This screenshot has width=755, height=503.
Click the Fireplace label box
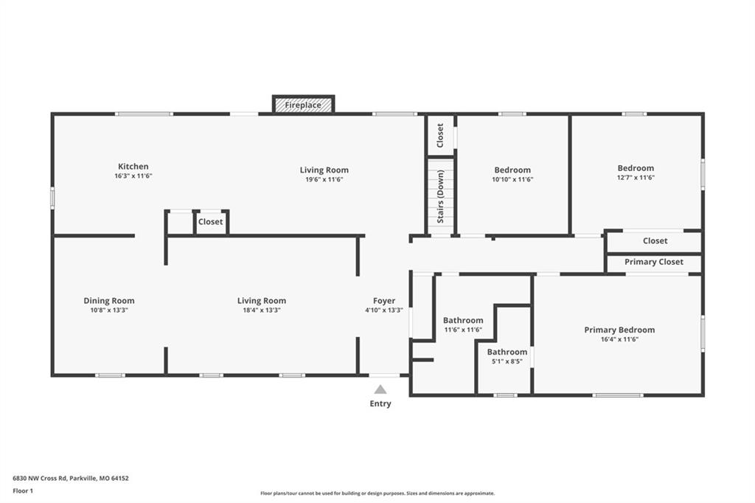(303, 105)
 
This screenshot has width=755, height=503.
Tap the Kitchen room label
(133, 166)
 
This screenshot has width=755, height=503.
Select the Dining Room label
(109, 301)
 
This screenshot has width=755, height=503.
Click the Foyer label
(383, 301)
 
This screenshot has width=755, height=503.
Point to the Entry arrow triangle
(380, 389)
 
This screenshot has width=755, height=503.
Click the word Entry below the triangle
(380, 403)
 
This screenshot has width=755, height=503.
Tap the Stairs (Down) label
(440, 197)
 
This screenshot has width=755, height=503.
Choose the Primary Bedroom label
(619, 330)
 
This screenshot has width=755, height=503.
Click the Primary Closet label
(654, 262)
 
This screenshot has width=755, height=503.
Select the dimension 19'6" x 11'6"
(324, 179)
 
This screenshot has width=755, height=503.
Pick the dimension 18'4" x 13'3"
(262, 311)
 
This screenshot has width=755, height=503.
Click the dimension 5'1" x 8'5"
(507, 361)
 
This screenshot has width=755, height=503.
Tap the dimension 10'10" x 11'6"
(512, 179)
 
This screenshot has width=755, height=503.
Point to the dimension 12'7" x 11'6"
(636, 177)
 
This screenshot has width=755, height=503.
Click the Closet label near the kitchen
(210, 221)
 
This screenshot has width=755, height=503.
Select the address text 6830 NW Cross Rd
(40, 479)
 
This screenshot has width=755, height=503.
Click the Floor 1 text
(23, 491)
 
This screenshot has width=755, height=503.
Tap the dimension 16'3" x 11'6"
(133, 176)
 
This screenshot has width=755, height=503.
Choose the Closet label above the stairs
(439, 136)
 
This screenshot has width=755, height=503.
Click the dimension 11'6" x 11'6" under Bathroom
(463, 330)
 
